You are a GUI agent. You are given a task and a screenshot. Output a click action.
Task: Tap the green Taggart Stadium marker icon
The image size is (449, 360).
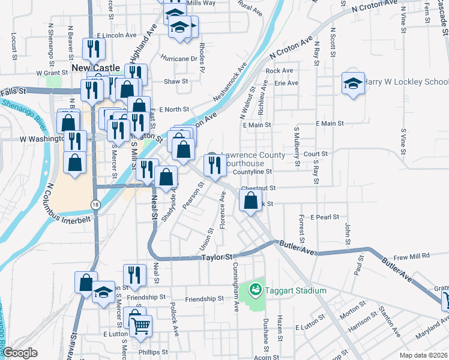[x=256, y=290]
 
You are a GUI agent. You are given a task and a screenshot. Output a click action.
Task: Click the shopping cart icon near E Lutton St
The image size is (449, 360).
[x=141, y=326]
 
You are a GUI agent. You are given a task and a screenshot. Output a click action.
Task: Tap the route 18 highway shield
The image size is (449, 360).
[x=96, y=205]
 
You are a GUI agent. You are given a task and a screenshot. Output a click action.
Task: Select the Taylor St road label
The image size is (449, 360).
[x=216, y=257]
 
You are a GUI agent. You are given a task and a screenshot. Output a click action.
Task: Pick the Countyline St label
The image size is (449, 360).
[x=253, y=172]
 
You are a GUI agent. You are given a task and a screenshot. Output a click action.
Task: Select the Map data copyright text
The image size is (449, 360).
[x=423, y=355]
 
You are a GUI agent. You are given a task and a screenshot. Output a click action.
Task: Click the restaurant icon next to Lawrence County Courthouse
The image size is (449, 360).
[x=214, y=164]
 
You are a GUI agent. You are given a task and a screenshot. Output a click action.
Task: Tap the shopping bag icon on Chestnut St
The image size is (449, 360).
[x=251, y=200]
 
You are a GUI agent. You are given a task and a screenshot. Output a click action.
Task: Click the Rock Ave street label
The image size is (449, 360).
[x=279, y=71]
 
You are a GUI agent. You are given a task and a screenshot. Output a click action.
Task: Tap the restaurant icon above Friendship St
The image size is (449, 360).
[x=134, y=274]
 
